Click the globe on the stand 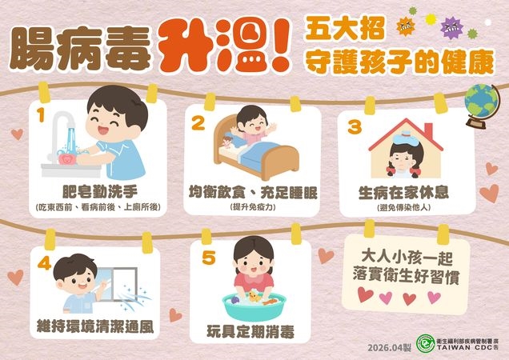pos(481,106)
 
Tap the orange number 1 pos(41,115)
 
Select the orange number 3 pos(355,126)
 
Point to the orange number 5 pos(208,258)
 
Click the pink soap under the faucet pos(67,158)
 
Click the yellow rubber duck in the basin pos(254,297)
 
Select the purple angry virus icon pos(451,27)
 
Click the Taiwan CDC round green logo pos(426,343)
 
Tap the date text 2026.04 pos(385,348)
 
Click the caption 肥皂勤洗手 pos(100,192)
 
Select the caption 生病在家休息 pos(403,193)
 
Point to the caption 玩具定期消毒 pos(250,331)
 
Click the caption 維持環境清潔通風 pos(95,326)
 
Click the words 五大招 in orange pos(345,29)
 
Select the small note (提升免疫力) pos(252,206)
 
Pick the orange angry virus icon pos(406,26)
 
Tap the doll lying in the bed pos(228,142)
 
